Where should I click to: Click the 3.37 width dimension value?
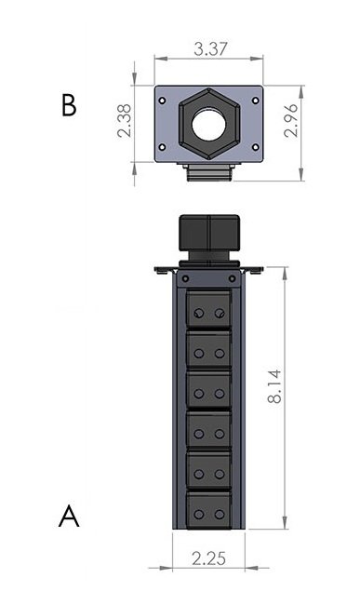[210, 49]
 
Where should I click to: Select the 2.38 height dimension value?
[125, 121]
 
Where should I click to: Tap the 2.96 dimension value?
[291, 120]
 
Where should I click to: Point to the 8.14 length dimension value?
[274, 386]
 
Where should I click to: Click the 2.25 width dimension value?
[208, 558]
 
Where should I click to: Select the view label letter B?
[69, 105]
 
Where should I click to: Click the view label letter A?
[69, 516]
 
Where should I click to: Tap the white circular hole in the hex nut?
[209, 124]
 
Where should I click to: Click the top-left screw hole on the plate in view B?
[162, 101]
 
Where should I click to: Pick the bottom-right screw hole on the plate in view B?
[255, 147]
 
